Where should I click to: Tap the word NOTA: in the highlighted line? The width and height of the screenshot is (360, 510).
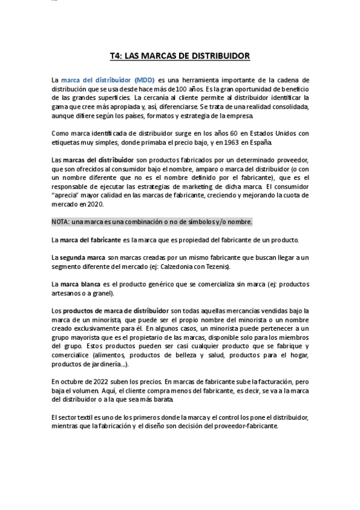click(x=61, y=222)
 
